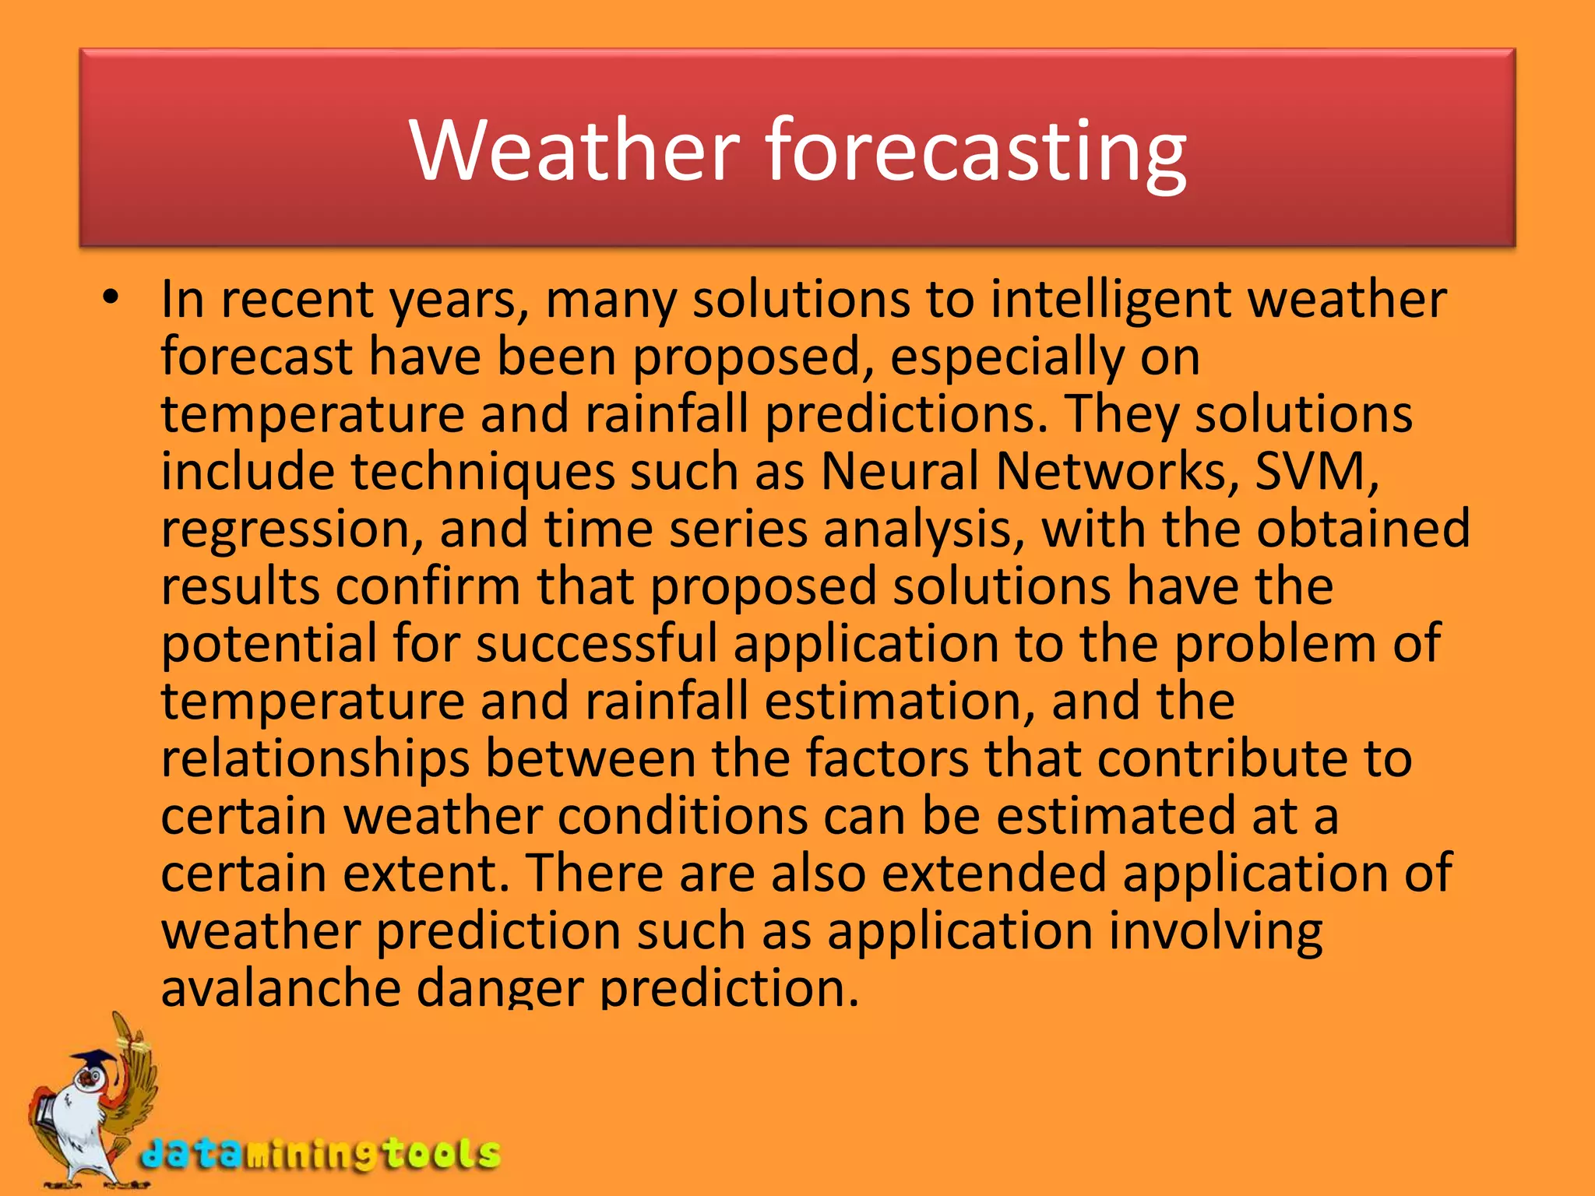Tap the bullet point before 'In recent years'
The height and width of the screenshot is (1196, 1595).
click(x=111, y=297)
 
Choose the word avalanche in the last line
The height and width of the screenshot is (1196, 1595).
click(x=281, y=987)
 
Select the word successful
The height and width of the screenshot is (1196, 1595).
click(x=597, y=644)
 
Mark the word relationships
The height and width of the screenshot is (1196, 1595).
click(x=315, y=759)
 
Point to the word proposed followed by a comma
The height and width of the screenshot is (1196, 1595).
click(x=752, y=357)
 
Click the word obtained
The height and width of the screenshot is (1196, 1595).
click(x=1363, y=529)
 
